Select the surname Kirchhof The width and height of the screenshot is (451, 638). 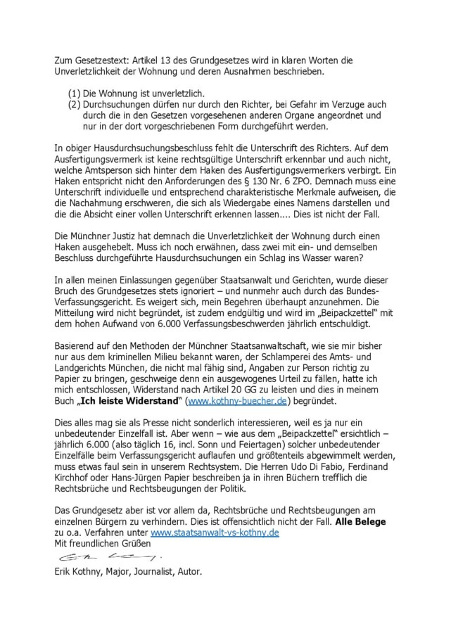point(76,482)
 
